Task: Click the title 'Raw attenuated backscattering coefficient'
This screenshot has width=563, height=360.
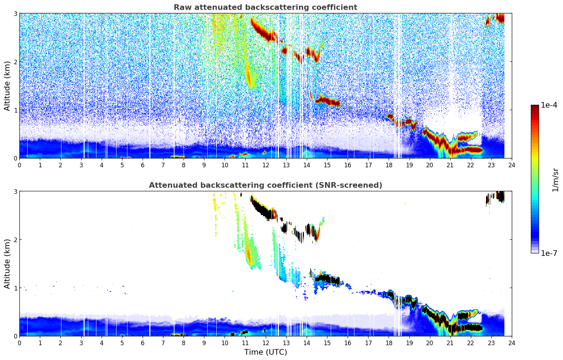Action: pyautogui.click(x=265, y=7)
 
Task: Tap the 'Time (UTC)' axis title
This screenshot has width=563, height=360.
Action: pyautogui.click(x=265, y=352)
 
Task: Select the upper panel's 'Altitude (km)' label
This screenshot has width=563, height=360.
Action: pyautogui.click(x=7, y=86)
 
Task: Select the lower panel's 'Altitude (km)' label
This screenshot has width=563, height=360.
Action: pyautogui.click(x=7, y=264)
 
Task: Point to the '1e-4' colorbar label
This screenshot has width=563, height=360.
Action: pyautogui.click(x=549, y=105)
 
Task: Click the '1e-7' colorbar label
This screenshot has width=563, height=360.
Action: pyautogui.click(x=549, y=253)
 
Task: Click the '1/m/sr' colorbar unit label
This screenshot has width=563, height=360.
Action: pyautogui.click(x=555, y=179)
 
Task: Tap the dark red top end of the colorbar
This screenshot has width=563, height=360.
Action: pyautogui.click(x=535, y=107)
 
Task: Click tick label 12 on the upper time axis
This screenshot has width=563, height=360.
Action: pyautogui.click(x=265, y=165)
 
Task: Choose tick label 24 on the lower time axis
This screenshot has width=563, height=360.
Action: pyautogui.click(x=511, y=343)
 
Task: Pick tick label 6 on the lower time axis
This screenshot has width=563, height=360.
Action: pyautogui.click(x=143, y=343)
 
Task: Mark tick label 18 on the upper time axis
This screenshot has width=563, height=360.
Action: pyautogui.click(x=389, y=165)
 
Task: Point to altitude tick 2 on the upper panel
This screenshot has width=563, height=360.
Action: pyautogui.click(x=15, y=62)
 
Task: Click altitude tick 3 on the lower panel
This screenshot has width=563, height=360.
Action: pyautogui.click(x=15, y=192)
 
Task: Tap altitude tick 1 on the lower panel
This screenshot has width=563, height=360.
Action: pyautogui.click(x=15, y=288)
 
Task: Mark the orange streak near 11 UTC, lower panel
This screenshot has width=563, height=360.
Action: pyautogui.click(x=248, y=256)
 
